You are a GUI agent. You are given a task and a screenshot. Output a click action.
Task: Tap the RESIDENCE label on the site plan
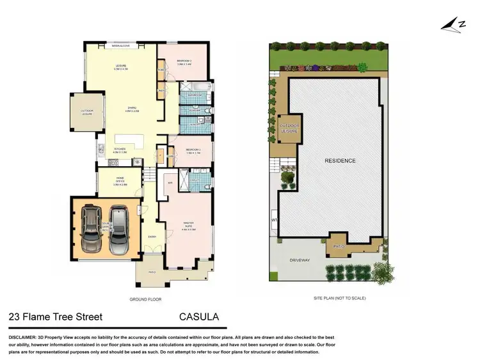(x=339, y=160)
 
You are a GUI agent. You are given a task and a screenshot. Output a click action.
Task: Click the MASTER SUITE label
(x=188, y=224)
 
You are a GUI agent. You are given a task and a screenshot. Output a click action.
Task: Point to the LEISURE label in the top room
(x=120, y=66)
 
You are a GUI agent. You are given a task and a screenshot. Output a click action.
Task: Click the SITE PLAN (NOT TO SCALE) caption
(x=340, y=299)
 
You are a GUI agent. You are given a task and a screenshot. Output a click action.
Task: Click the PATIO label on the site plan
(x=339, y=245)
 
